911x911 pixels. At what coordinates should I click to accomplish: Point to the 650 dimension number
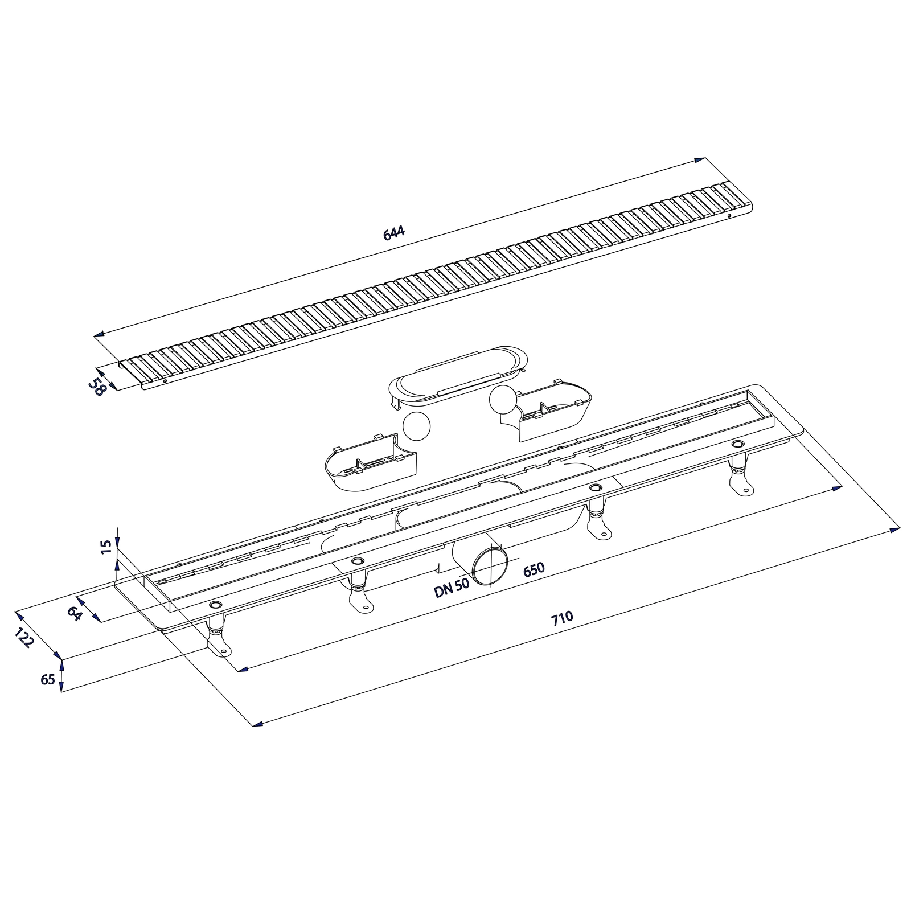[x=534, y=569]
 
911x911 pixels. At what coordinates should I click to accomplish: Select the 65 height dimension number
[x=48, y=680]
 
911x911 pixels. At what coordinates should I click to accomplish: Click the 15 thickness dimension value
[x=105, y=547]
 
